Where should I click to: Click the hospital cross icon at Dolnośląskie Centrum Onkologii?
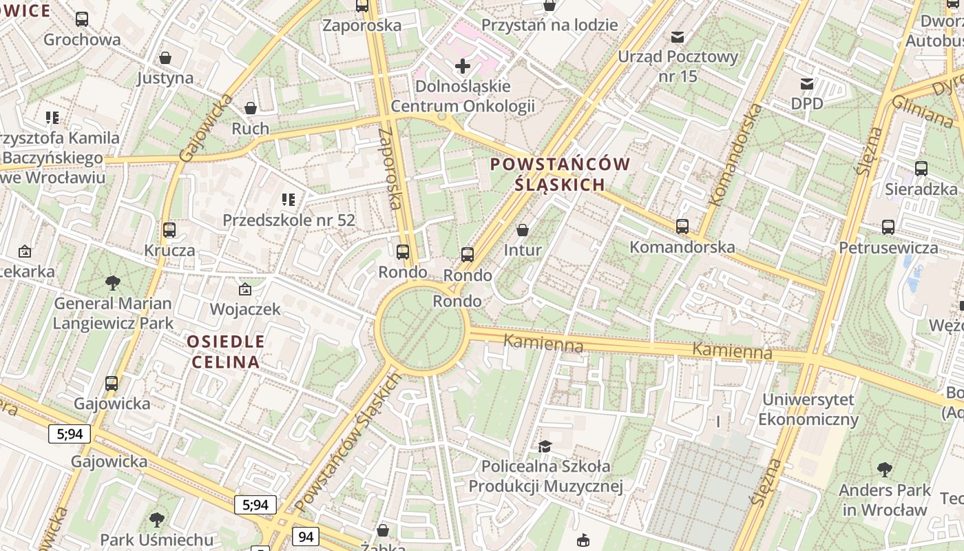(x=463, y=66)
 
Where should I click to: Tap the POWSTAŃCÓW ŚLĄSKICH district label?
(x=560, y=174)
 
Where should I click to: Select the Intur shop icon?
(x=523, y=229)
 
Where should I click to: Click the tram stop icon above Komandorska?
(x=682, y=226)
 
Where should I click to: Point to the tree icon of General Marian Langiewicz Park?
(x=112, y=282)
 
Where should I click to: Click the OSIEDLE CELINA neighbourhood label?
(x=225, y=351)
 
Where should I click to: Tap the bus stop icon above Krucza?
(x=169, y=229)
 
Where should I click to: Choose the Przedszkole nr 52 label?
(x=289, y=220)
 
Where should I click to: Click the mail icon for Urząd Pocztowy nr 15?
(x=678, y=37)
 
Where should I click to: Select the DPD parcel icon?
(x=806, y=84)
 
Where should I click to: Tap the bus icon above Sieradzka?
(x=921, y=168)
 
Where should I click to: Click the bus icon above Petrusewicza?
(x=888, y=227)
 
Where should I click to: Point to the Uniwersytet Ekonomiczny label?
(x=808, y=409)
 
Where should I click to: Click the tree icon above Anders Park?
(x=885, y=470)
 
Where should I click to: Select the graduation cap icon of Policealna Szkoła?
(x=545, y=446)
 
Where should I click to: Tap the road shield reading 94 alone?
(x=306, y=536)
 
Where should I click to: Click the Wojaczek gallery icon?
(x=244, y=289)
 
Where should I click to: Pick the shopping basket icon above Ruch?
(x=251, y=108)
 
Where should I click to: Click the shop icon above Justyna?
(x=165, y=57)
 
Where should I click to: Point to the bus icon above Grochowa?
(x=82, y=19)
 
